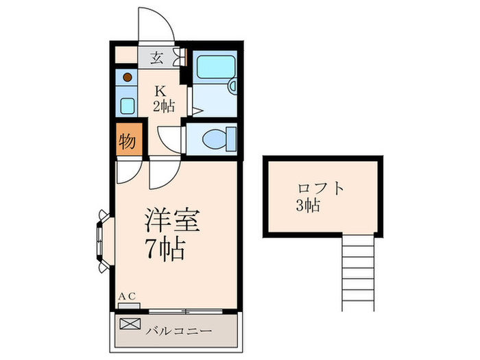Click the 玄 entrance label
coord(156,58)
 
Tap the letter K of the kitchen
coord(160,91)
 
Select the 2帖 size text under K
coord(163,106)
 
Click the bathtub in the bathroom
coord(214,67)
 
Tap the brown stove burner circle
coord(128,77)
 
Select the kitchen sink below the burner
coord(128,105)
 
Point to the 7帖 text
coord(165,250)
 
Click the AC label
coord(128,296)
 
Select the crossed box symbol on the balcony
coord(129,323)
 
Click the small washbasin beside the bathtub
coord(232,88)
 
